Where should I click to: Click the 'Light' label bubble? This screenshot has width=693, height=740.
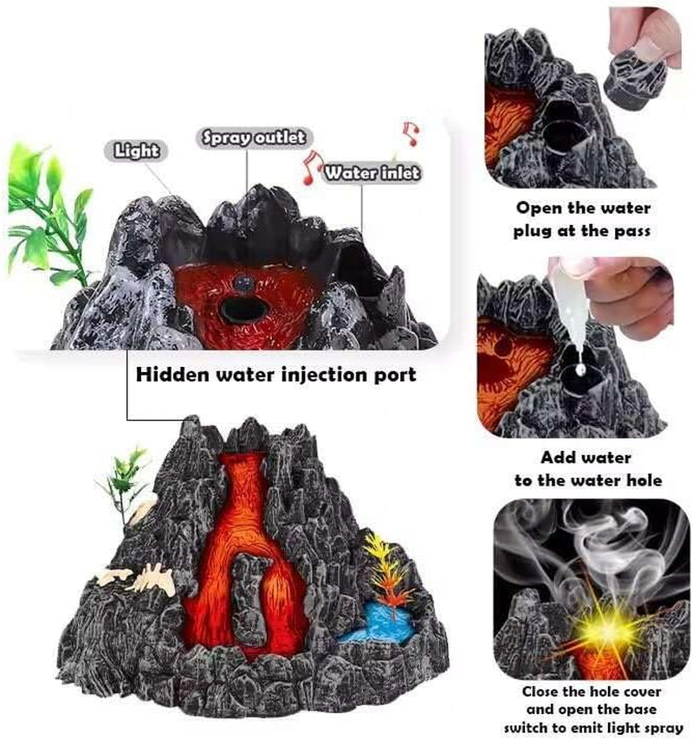pyautogui.click(x=138, y=151)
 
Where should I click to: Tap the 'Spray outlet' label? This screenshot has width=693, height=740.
pyautogui.click(x=253, y=137)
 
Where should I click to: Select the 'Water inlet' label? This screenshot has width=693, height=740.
pyautogui.click(x=372, y=173)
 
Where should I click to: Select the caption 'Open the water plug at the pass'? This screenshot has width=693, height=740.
pyautogui.click(x=583, y=220)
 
